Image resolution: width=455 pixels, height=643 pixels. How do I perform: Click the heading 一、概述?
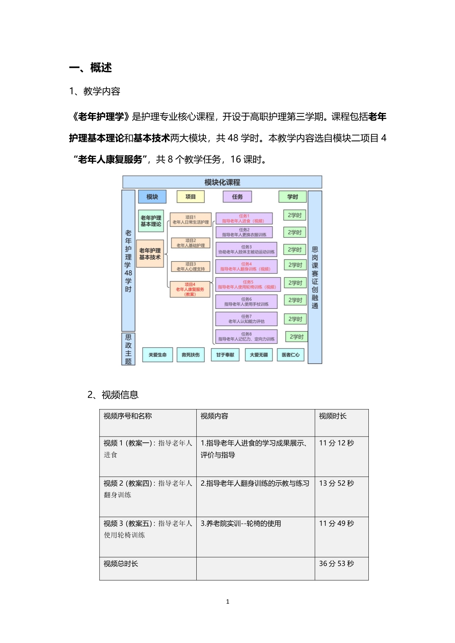tap(91, 68)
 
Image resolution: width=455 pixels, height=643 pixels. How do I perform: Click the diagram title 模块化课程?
tap(222, 182)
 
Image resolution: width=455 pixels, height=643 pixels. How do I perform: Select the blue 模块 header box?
tap(152, 197)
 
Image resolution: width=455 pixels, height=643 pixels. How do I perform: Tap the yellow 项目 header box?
tap(190, 197)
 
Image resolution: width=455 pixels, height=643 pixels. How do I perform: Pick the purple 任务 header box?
tap(237, 197)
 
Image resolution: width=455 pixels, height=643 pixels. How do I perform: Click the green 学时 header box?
tap(292, 197)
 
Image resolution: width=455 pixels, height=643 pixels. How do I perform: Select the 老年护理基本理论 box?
tap(151, 221)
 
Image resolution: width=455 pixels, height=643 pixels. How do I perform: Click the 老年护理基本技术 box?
tap(150, 254)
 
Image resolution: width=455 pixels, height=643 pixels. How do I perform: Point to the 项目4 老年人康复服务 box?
tap(190, 289)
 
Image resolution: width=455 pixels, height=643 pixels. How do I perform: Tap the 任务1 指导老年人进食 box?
tap(244, 219)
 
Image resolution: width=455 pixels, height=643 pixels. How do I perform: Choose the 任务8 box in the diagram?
tap(246, 336)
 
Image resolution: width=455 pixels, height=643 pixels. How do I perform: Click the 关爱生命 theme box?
tap(157, 355)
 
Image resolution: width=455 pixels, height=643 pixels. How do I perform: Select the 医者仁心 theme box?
tap(291, 355)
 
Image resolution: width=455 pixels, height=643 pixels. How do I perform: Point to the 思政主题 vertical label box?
tap(128, 349)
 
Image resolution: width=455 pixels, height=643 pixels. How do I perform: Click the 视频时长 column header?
tap(333, 416)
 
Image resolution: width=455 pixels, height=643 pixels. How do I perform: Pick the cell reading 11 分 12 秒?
tap(336, 443)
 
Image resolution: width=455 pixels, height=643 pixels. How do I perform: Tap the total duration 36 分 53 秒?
tap(336, 563)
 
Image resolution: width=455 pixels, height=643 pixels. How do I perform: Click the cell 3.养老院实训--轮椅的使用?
tap(241, 523)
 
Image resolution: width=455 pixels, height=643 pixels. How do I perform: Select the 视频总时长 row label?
tap(121, 564)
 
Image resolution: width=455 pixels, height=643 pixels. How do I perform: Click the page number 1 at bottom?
tap(227, 602)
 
